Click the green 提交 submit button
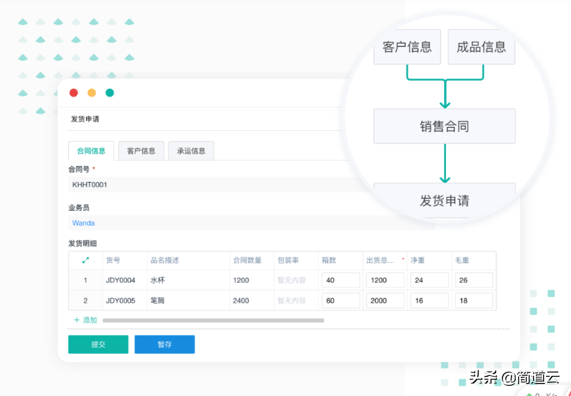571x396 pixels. [98, 344]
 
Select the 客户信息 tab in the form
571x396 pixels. [142, 151]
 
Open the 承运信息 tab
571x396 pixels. [191, 151]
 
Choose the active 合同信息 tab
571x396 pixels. [91, 151]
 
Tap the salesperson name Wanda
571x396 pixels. [83, 223]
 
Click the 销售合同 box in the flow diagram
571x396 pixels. [445, 126]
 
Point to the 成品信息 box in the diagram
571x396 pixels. [481, 47]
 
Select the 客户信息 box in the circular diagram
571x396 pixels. [407, 47]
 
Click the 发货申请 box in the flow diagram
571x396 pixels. [445, 201]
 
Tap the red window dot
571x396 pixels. [74, 93]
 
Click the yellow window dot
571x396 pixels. [92, 93]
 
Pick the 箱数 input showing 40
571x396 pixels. [341, 280]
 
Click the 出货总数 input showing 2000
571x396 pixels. [385, 301]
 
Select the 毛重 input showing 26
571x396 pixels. [474, 280]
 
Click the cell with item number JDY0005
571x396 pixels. [121, 301]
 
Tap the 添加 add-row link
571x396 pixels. [86, 320]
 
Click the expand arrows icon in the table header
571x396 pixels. [86, 260]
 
